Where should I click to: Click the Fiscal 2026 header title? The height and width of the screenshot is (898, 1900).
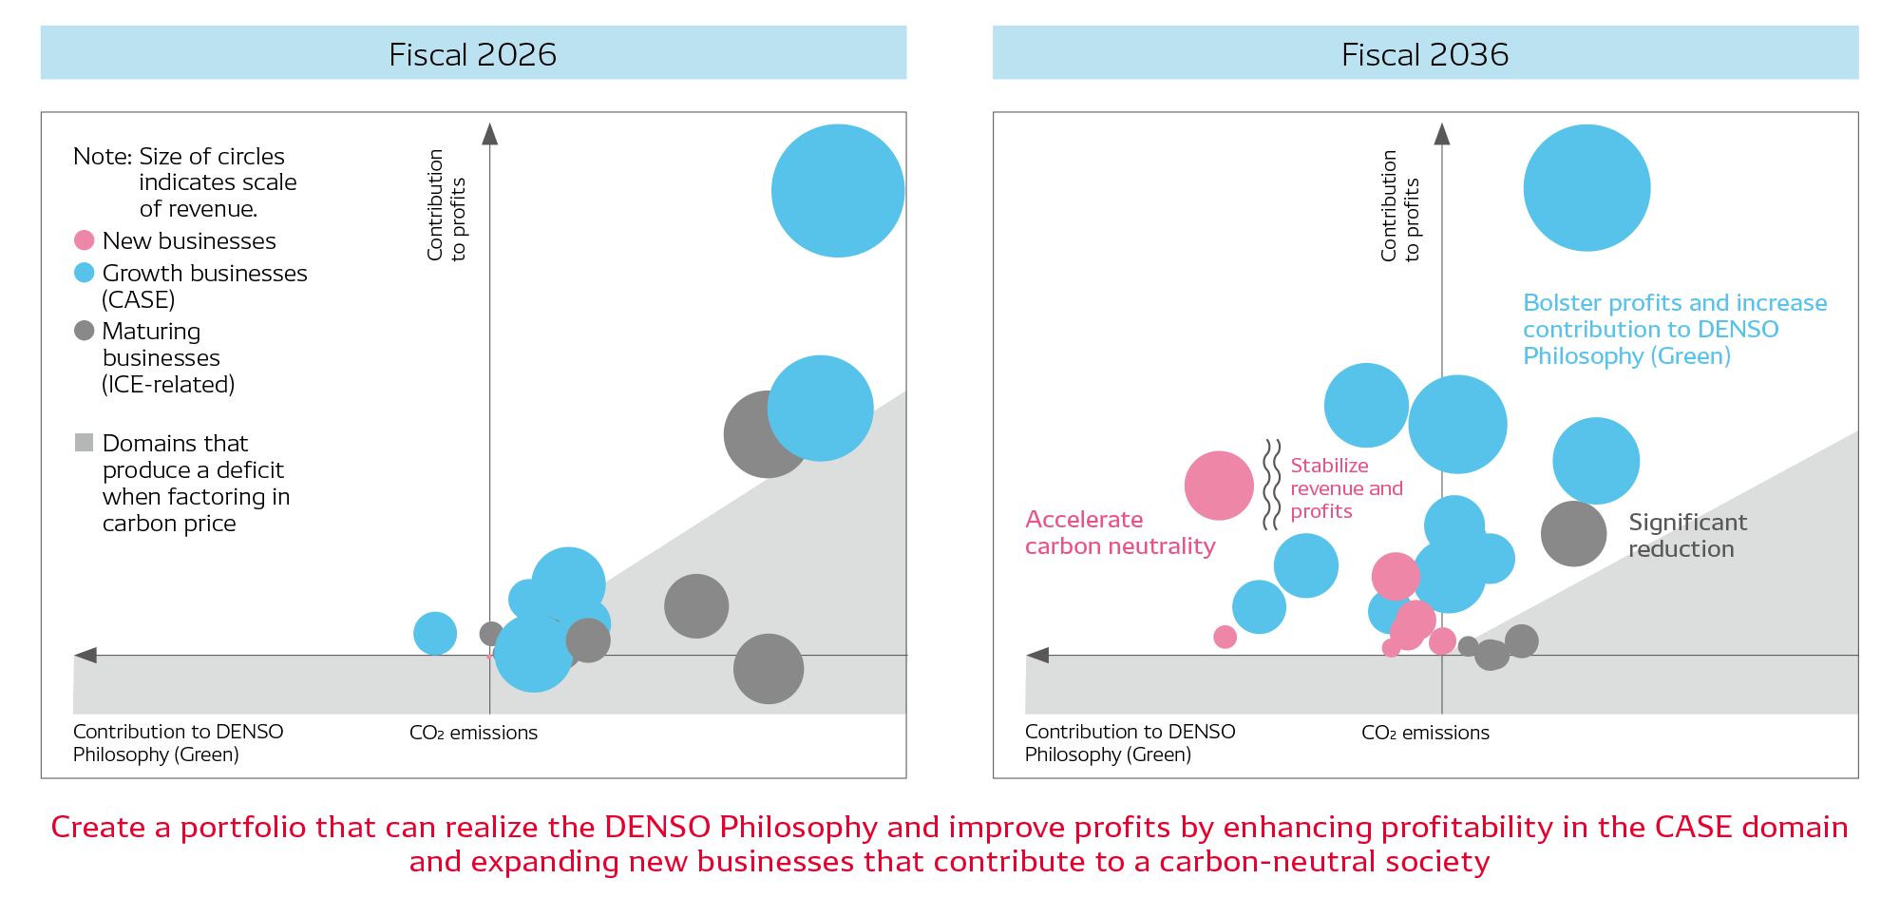[472, 54]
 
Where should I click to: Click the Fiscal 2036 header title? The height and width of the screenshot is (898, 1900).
[1424, 54]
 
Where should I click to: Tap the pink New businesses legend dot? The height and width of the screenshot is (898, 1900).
[84, 240]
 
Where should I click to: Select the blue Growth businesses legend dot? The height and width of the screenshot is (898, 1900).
[84, 273]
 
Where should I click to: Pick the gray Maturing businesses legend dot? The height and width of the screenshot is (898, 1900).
[84, 331]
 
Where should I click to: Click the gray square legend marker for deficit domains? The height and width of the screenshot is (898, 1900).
[84, 443]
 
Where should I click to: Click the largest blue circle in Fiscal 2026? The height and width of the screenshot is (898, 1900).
[837, 191]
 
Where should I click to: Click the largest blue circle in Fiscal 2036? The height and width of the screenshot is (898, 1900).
[1586, 188]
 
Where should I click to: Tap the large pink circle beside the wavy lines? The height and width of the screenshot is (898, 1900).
[1219, 486]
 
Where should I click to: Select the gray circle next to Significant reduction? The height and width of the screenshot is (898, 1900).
[1573, 534]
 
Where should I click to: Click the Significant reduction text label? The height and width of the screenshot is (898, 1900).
[1686, 536]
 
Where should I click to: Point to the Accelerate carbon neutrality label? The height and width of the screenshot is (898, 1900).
[1119, 533]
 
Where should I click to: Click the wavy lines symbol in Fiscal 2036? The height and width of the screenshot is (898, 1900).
[1271, 485]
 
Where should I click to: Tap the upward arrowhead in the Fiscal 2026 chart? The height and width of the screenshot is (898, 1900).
[489, 134]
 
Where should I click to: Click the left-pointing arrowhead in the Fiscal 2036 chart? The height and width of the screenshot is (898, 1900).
[1038, 655]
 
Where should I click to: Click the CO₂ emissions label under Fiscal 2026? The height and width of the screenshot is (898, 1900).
[473, 733]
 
